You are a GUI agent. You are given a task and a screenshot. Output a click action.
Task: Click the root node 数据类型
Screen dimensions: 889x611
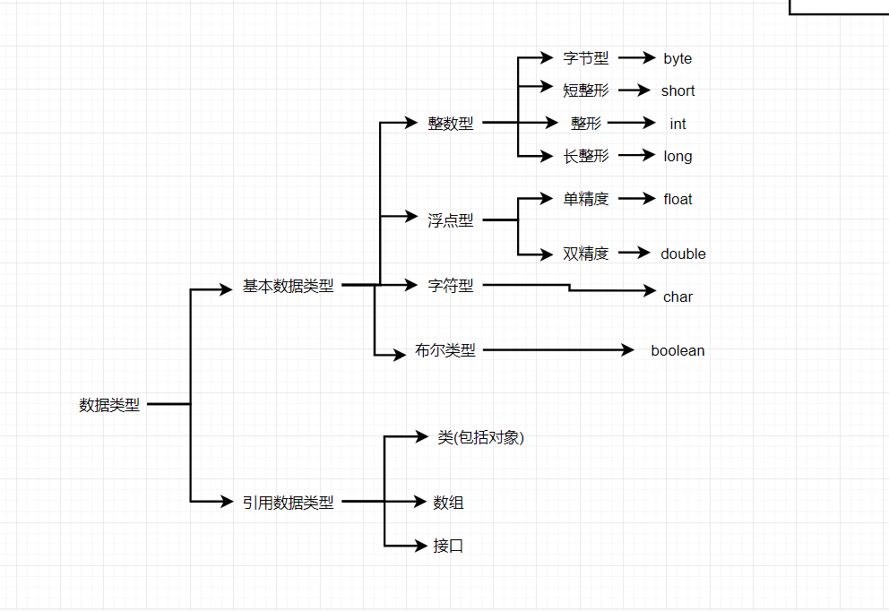click(109, 405)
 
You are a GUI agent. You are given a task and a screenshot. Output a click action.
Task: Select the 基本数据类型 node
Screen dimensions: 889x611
click(288, 286)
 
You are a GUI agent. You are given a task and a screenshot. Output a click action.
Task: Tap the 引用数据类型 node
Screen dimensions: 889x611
click(288, 503)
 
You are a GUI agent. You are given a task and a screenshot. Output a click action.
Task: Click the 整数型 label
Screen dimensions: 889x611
click(451, 123)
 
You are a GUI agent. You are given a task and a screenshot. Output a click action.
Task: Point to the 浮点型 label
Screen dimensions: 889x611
click(451, 219)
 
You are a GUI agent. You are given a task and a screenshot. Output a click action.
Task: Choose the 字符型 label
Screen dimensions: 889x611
click(451, 285)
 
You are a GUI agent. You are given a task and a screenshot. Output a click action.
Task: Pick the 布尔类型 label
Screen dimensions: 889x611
click(445, 350)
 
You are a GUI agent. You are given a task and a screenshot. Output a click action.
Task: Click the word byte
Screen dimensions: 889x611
click(678, 59)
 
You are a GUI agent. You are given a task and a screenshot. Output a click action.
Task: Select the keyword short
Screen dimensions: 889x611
click(678, 90)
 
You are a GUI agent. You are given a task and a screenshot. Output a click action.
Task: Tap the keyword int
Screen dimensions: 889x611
click(678, 124)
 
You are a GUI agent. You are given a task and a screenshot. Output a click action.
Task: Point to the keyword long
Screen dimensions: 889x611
click(678, 157)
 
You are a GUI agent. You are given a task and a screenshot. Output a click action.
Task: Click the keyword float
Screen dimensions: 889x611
click(678, 199)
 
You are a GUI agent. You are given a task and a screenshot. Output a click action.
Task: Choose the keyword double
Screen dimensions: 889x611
click(683, 254)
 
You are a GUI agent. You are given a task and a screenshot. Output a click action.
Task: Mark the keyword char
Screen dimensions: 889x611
click(678, 297)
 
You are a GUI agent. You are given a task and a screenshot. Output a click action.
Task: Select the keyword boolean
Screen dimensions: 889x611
click(678, 351)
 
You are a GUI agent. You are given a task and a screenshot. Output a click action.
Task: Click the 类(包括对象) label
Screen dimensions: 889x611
click(480, 437)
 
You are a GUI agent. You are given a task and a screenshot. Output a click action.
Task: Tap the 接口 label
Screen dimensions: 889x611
click(448, 546)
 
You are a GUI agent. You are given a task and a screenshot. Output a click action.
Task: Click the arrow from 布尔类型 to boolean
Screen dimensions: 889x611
click(558, 350)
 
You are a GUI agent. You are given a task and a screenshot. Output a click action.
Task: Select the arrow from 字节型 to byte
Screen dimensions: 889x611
click(637, 58)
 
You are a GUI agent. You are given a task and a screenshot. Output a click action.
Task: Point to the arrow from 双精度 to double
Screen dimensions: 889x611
click(634, 253)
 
